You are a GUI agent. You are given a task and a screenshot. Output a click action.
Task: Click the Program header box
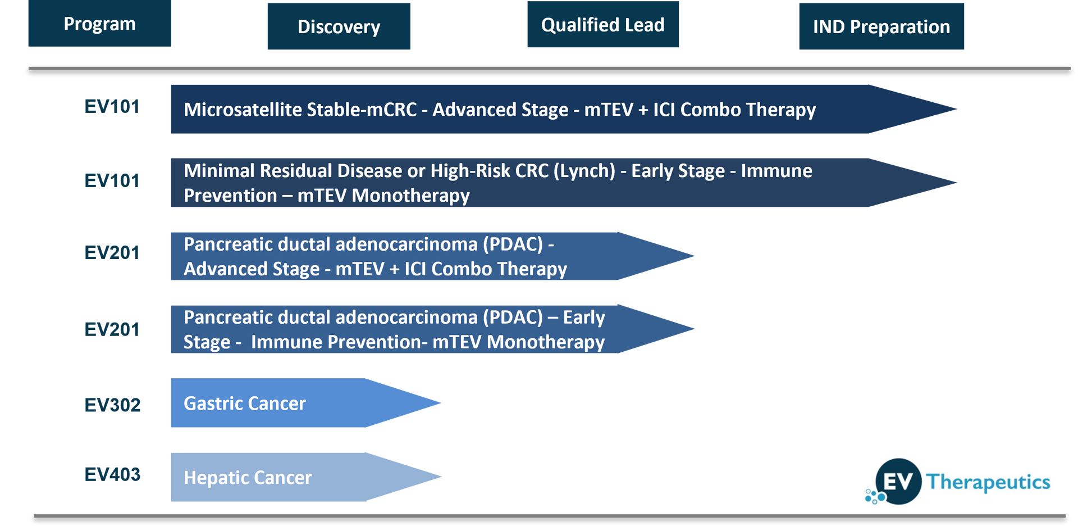coord(99,23)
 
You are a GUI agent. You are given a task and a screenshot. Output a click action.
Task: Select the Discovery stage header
coord(339,26)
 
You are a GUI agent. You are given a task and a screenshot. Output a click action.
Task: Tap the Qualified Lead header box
coord(603,24)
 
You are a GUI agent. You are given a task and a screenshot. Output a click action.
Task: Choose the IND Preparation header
coord(881,26)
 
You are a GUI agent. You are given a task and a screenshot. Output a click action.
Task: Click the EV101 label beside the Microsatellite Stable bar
coord(112,107)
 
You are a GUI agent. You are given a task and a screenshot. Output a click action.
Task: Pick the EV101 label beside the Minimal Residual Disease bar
coord(112,181)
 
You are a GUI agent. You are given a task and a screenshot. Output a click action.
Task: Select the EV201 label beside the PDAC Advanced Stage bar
coord(112,253)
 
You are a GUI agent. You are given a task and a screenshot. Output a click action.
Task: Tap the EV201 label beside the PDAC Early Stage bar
coord(112,329)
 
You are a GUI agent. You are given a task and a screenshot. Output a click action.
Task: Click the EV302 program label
coord(112,405)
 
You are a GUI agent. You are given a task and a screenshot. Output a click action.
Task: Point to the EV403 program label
coord(112,475)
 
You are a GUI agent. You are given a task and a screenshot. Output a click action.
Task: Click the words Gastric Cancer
coord(245,403)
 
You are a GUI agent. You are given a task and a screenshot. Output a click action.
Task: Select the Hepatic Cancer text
coord(248,478)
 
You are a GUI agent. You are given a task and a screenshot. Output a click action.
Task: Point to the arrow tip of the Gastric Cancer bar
coord(441,402)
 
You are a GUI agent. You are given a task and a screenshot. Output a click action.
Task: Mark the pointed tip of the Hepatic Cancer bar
coord(441,477)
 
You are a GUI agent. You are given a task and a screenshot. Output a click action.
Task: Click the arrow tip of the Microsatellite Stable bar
coord(956,109)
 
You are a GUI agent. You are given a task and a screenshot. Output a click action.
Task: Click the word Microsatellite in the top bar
coord(243,110)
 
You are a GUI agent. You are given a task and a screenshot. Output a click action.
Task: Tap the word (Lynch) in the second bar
coord(584,171)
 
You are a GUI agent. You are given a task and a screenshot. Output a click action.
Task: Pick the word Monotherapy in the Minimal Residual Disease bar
coord(410,196)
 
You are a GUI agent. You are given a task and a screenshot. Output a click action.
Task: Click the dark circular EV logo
coord(898,482)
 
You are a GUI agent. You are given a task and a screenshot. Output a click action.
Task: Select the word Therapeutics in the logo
coord(988,482)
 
